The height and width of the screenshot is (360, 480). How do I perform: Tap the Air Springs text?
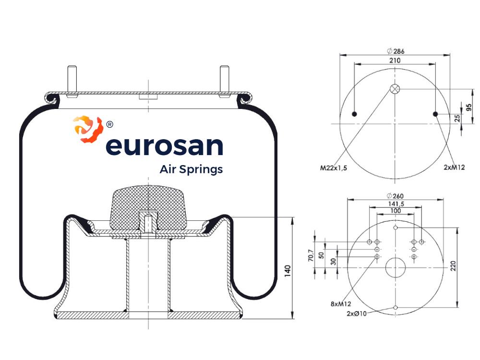191,169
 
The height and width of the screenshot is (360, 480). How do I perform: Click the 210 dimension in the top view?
395,60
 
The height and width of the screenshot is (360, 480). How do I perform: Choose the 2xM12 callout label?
454,167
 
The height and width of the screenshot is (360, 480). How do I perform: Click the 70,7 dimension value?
311,255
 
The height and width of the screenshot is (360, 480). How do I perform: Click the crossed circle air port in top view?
395,89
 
